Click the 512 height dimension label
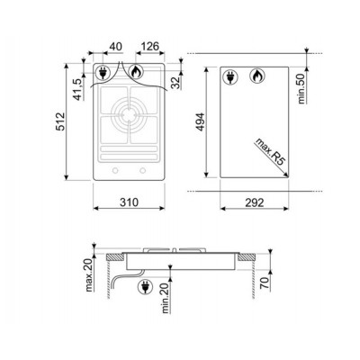[61, 121]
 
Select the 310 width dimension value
[130, 202]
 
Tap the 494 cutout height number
[200, 121]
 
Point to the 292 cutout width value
[255, 202]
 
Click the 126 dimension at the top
[149, 47]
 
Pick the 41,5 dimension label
[77, 89]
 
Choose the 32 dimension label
[175, 83]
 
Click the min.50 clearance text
[301, 89]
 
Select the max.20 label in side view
[89, 274]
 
